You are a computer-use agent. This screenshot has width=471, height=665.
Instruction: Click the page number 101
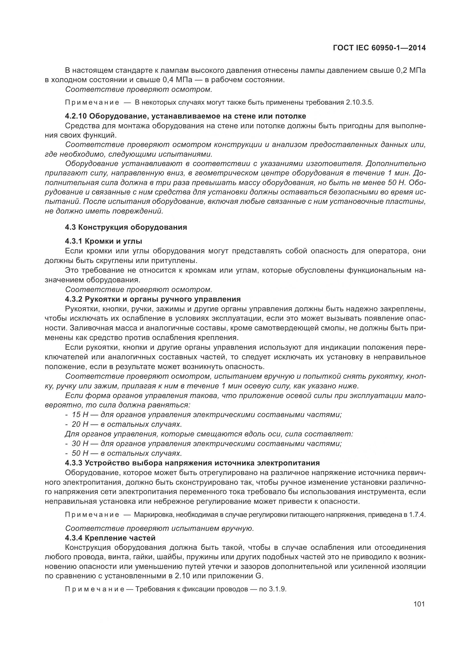point(419,604)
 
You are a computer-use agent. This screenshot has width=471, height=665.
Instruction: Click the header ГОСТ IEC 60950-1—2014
point(379,48)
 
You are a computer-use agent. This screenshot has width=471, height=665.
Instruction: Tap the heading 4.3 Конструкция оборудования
point(126,227)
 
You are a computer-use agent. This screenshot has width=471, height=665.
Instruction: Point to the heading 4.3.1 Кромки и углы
point(104,241)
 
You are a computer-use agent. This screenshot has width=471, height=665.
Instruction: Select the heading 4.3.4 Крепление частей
point(110,538)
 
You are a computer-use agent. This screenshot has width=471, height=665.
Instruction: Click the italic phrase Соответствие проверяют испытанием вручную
point(159,529)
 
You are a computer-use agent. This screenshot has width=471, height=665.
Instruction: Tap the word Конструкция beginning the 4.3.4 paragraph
point(87,548)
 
